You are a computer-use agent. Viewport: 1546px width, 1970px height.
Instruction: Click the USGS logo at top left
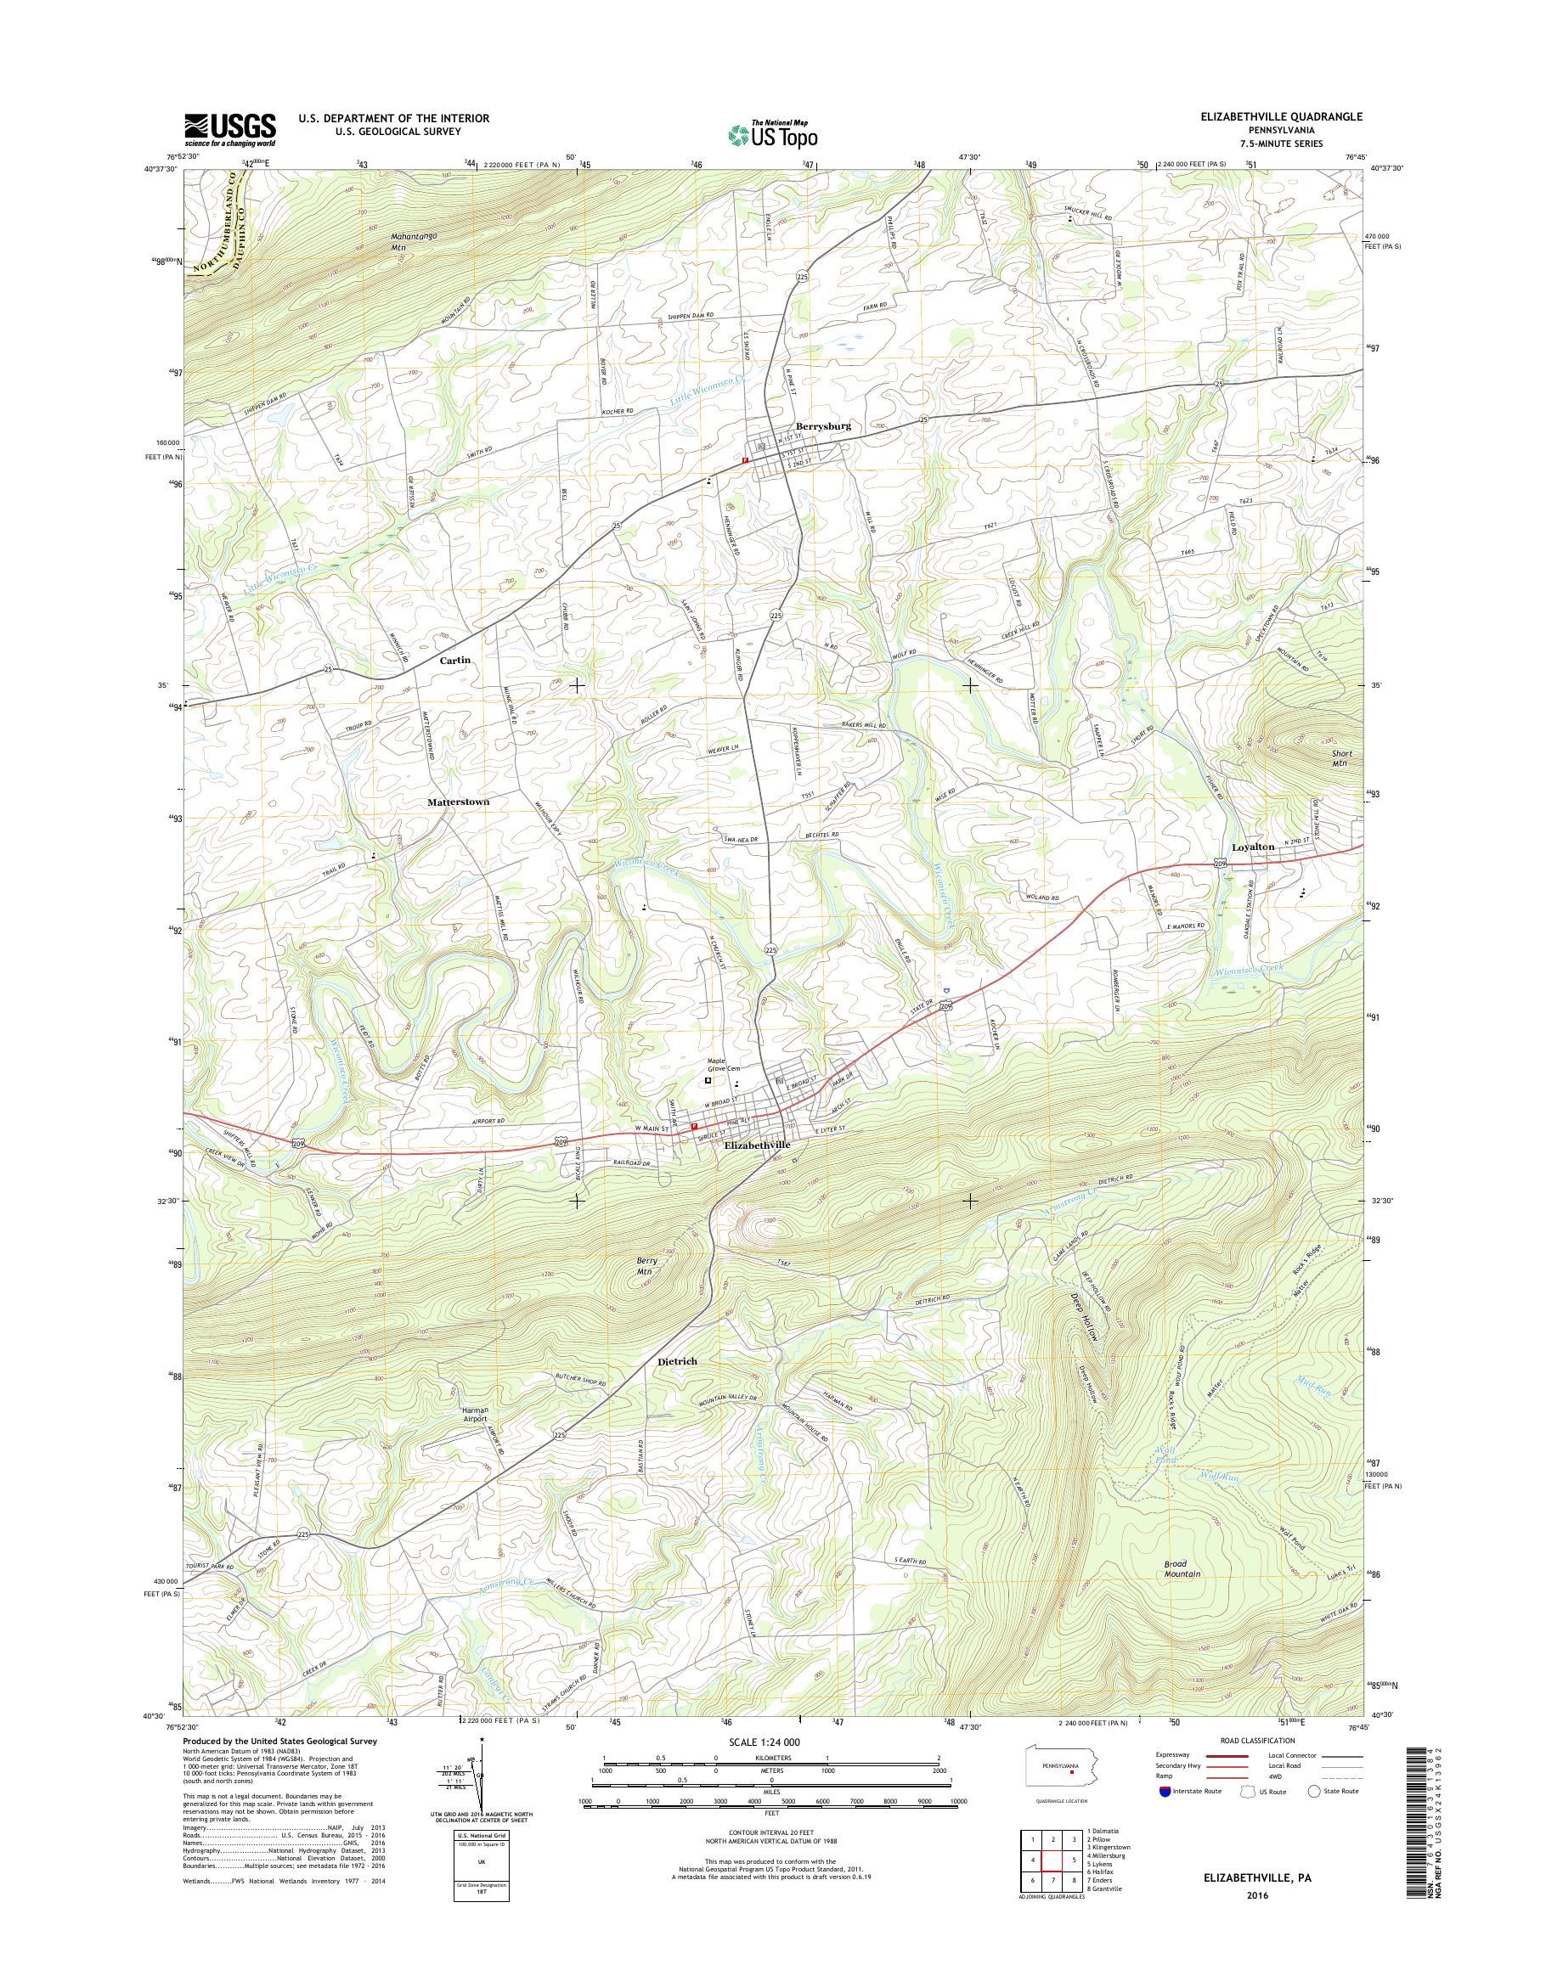tap(230, 129)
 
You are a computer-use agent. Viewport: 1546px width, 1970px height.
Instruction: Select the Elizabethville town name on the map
tap(758, 1145)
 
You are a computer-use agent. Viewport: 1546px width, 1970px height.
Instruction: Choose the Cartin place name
tap(455, 661)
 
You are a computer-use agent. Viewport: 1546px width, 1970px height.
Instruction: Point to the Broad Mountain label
tap(1182, 1568)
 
